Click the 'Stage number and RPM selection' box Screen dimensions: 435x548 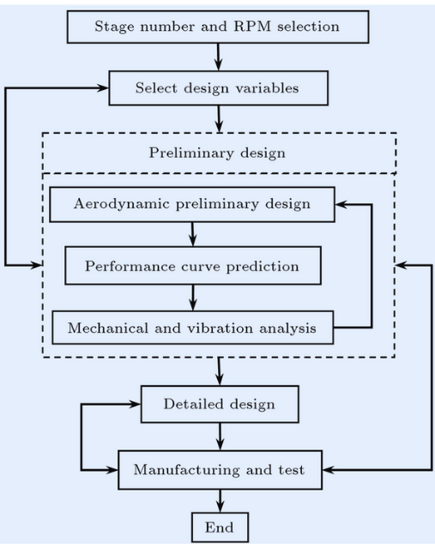[218, 27]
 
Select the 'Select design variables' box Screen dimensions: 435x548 [219, 88]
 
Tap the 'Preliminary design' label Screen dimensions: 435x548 [217, 153]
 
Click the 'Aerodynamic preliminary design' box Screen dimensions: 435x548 [192, 204]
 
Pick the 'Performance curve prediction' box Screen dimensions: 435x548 [193, 266]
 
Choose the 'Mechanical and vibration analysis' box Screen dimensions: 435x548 [193, 328]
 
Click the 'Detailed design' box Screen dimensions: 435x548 [220, 405]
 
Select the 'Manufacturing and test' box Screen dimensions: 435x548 [220, 470]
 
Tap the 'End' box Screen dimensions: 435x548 [220, 527]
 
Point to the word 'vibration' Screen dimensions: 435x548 [220, 328]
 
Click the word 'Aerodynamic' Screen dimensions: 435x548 [122, 204]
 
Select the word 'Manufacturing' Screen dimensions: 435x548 [186, 470]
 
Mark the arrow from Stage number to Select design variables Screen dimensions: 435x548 [219, 57]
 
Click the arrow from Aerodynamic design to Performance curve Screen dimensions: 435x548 [193, 234]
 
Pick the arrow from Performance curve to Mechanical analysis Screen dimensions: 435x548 [193, 298]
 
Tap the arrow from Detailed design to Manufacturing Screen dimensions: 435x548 [220, 437]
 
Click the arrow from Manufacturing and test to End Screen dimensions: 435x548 [221, 501]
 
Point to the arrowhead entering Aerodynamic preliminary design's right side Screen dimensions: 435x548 [341, 205]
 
